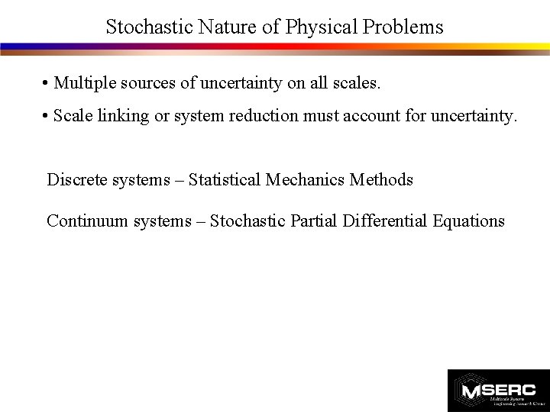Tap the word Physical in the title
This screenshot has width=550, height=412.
(322, 27)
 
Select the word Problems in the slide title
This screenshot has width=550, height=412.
(403, 27)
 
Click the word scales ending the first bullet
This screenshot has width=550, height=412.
(354, 82)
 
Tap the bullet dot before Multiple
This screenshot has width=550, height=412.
(46, 82)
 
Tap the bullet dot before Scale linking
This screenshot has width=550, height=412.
(46, 117)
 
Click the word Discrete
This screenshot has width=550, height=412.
(76, 180)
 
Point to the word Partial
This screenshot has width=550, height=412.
(315, 221)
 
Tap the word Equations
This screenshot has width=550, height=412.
(468, 221)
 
